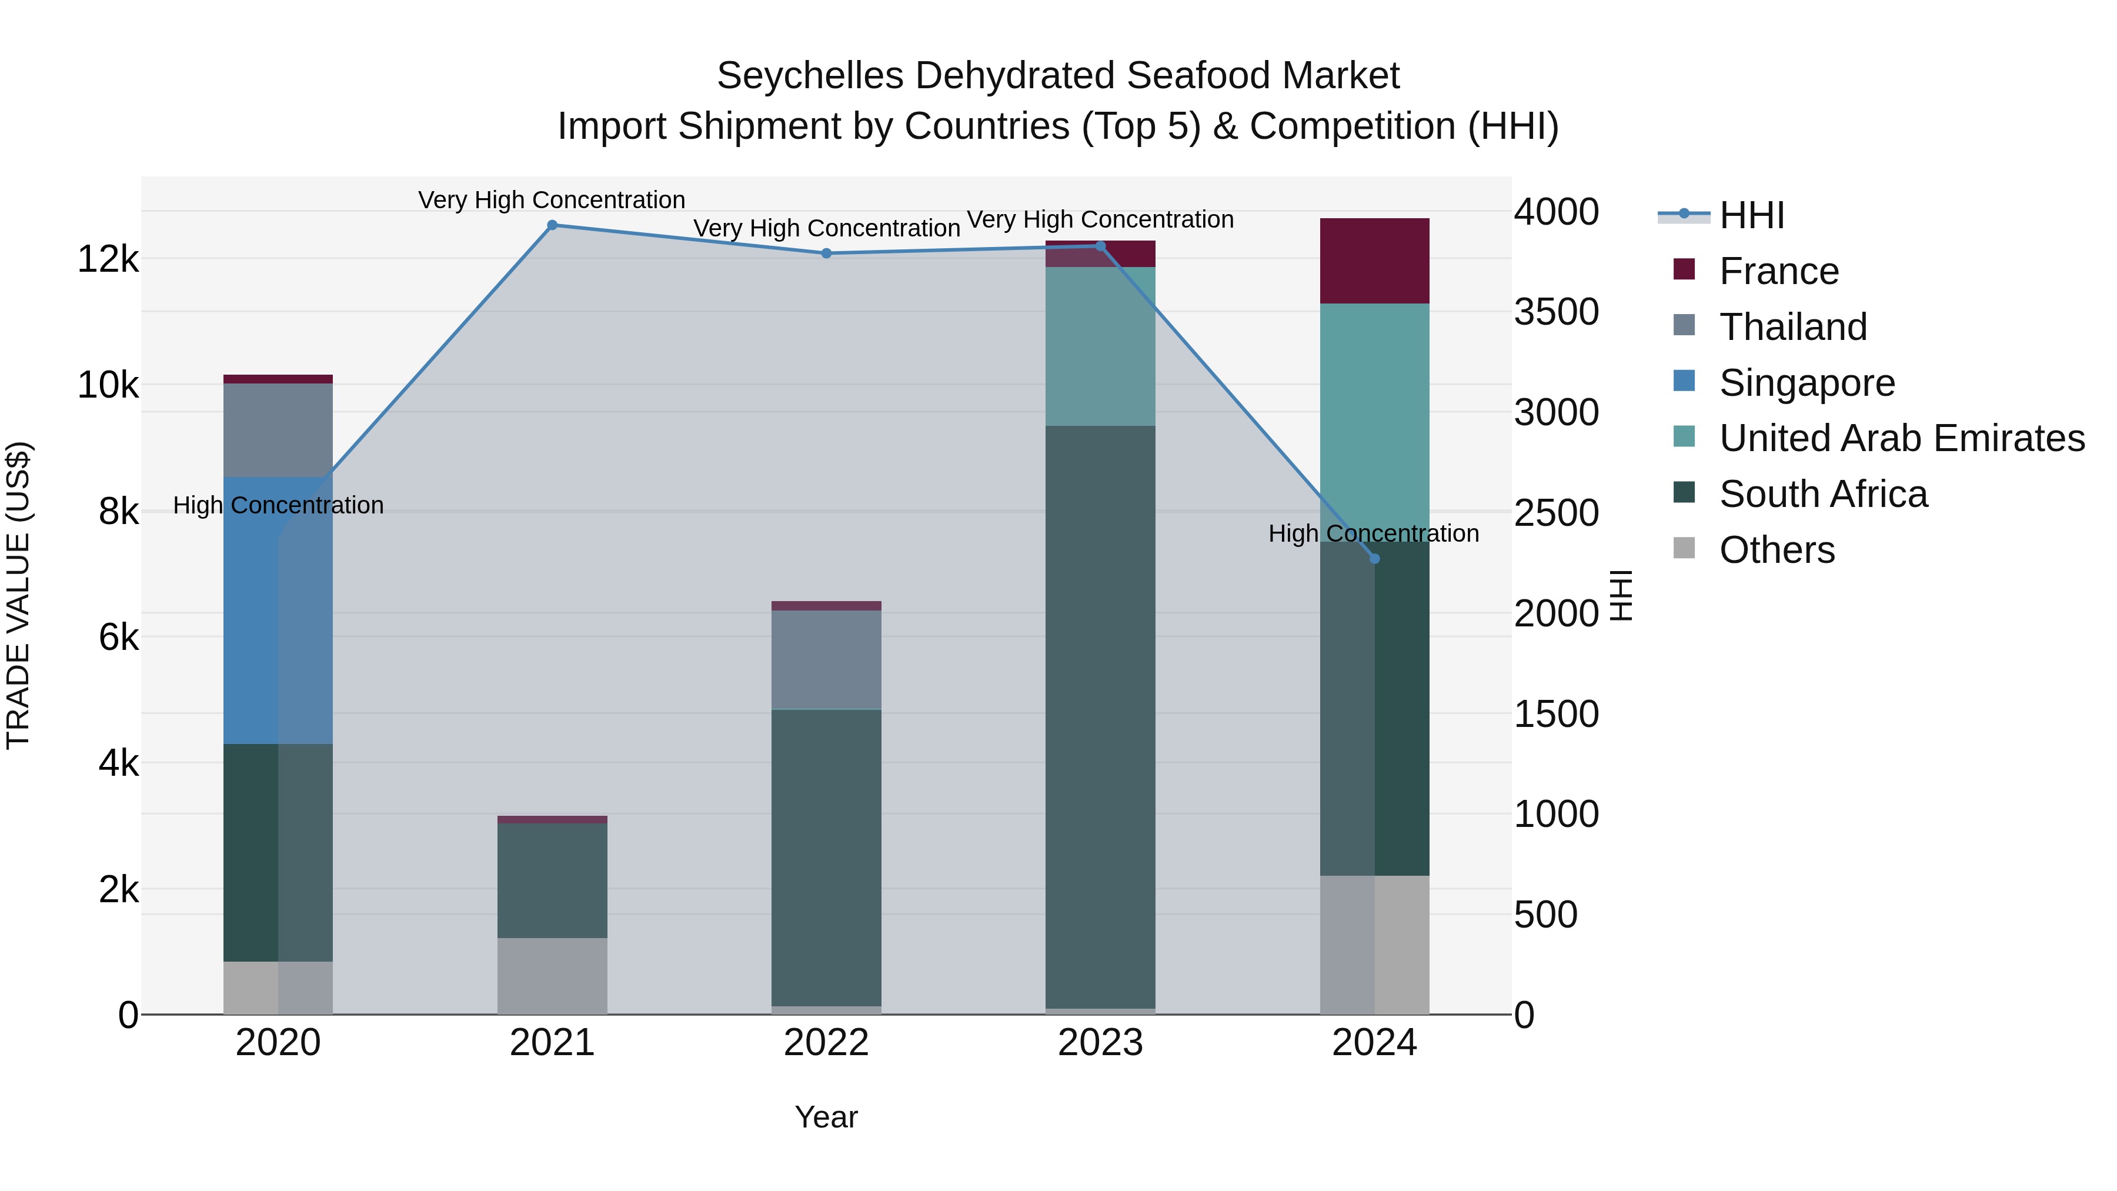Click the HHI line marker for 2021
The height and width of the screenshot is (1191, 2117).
click(552, 225)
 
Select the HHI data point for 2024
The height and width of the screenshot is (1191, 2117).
click(1374, 559)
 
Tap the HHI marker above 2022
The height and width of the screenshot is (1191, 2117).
click(827, 253)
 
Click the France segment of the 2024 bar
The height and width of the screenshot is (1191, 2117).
click(1374, 261)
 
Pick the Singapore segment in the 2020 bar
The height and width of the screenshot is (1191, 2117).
click(278, 610)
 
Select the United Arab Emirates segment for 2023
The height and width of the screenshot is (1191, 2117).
click(1100, 346)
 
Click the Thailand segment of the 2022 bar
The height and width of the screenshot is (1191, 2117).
click(827, 659)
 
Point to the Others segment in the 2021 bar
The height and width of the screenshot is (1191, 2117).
click(552, 976)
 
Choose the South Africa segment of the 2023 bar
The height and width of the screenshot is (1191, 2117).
click(1100, 717)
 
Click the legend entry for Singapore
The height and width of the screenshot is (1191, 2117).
click(1807, 383)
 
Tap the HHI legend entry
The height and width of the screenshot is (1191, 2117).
click(1751, 215)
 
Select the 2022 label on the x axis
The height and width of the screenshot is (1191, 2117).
click(827, 1043)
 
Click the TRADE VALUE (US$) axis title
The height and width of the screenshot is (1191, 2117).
click(18, 595)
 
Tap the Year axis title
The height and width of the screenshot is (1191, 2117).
click(826, 1117)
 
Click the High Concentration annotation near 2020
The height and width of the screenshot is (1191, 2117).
click(278, 505)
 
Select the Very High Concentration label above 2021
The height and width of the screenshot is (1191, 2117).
click(552, 200)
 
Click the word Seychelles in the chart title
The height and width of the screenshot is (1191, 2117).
click(810, 76)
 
